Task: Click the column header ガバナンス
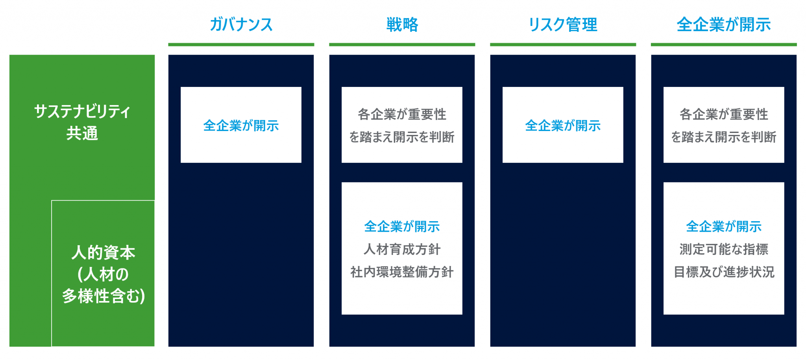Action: pyautogui.click(x=241, y=24)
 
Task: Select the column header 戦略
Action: pyautogui.click(x=402, y=24)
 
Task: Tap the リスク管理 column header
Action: pyautogui.click(x=563, y=24)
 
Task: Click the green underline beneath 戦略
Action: pyautogui.click(x=402, y=44)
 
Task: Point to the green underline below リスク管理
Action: pyautogui.click(x=563, y=44)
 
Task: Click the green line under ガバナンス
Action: pyautogui.click(x=241, y=44)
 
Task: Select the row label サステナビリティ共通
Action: pyautogui.click(x=82, y=122)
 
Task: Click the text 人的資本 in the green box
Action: pyautogui.click(x=103, y=252)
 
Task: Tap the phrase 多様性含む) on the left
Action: pyautogui.click(x=103, y=296)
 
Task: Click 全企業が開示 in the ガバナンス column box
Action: pyautogui.click(x=241, y=126)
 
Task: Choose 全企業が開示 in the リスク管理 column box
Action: pyautogui.click(x=563, y=126)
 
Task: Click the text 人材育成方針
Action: pyautogui.click(x=402, y=249)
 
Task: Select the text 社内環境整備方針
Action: pyautogui.click(x=402, y=272)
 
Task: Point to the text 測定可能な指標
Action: pyautogui.click(x=724, y=249)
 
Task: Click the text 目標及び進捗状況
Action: pyautogui.click(x=724, y=272)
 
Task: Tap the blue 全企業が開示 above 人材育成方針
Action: pyautogui.click(x=402, y=226)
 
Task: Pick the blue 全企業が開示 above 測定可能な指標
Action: pyautogui.click(x=724, y=226)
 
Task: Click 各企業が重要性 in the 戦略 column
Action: pyautogui.click(x=402, y=114)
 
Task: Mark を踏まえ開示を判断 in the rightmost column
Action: pyautogui.click(x=724, y=137)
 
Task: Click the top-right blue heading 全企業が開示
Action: pyautogui.click(x=724, y=24)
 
